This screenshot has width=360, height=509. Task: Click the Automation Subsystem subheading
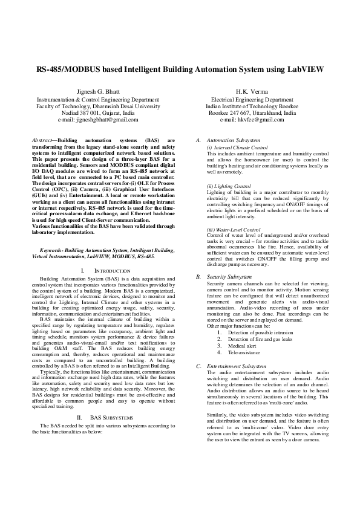234,140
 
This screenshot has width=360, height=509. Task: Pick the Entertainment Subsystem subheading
237,366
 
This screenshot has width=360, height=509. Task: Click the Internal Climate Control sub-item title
237,147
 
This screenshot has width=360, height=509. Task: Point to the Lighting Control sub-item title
228,186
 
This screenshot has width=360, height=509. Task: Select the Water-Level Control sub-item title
233,230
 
